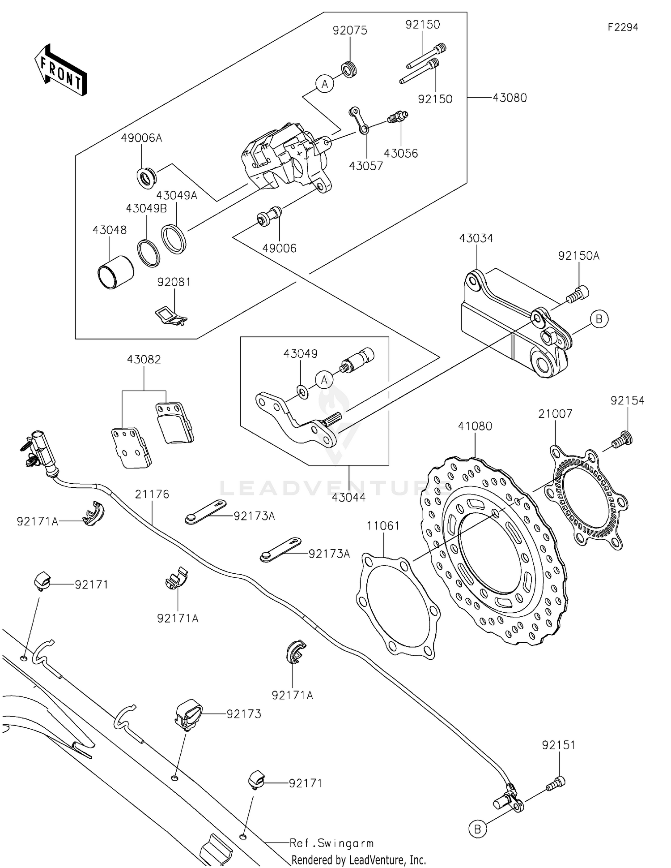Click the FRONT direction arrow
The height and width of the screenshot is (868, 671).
click(60, 70)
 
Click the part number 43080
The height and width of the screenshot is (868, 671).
click(510, 98)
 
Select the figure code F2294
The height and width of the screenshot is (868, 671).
click(623, 27)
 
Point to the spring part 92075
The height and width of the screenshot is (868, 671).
click(349, 70)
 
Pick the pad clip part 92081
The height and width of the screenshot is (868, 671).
click(170, 315)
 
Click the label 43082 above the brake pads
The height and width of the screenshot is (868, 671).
click(144, 360)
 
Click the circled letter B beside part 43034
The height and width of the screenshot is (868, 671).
click(599, 319)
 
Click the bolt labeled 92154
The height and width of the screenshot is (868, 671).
click(622, 438)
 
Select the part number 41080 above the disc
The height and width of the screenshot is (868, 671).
click(475, 426)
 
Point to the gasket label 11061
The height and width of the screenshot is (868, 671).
click(383, 526)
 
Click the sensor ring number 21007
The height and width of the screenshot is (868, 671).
click(555, 414)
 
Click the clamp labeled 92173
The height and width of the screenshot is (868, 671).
click(187, 714)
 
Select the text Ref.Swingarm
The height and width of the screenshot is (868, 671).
click(331, 843)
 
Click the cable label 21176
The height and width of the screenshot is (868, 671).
click(152, 494)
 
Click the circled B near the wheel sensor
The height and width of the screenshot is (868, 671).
click(477, 829)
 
